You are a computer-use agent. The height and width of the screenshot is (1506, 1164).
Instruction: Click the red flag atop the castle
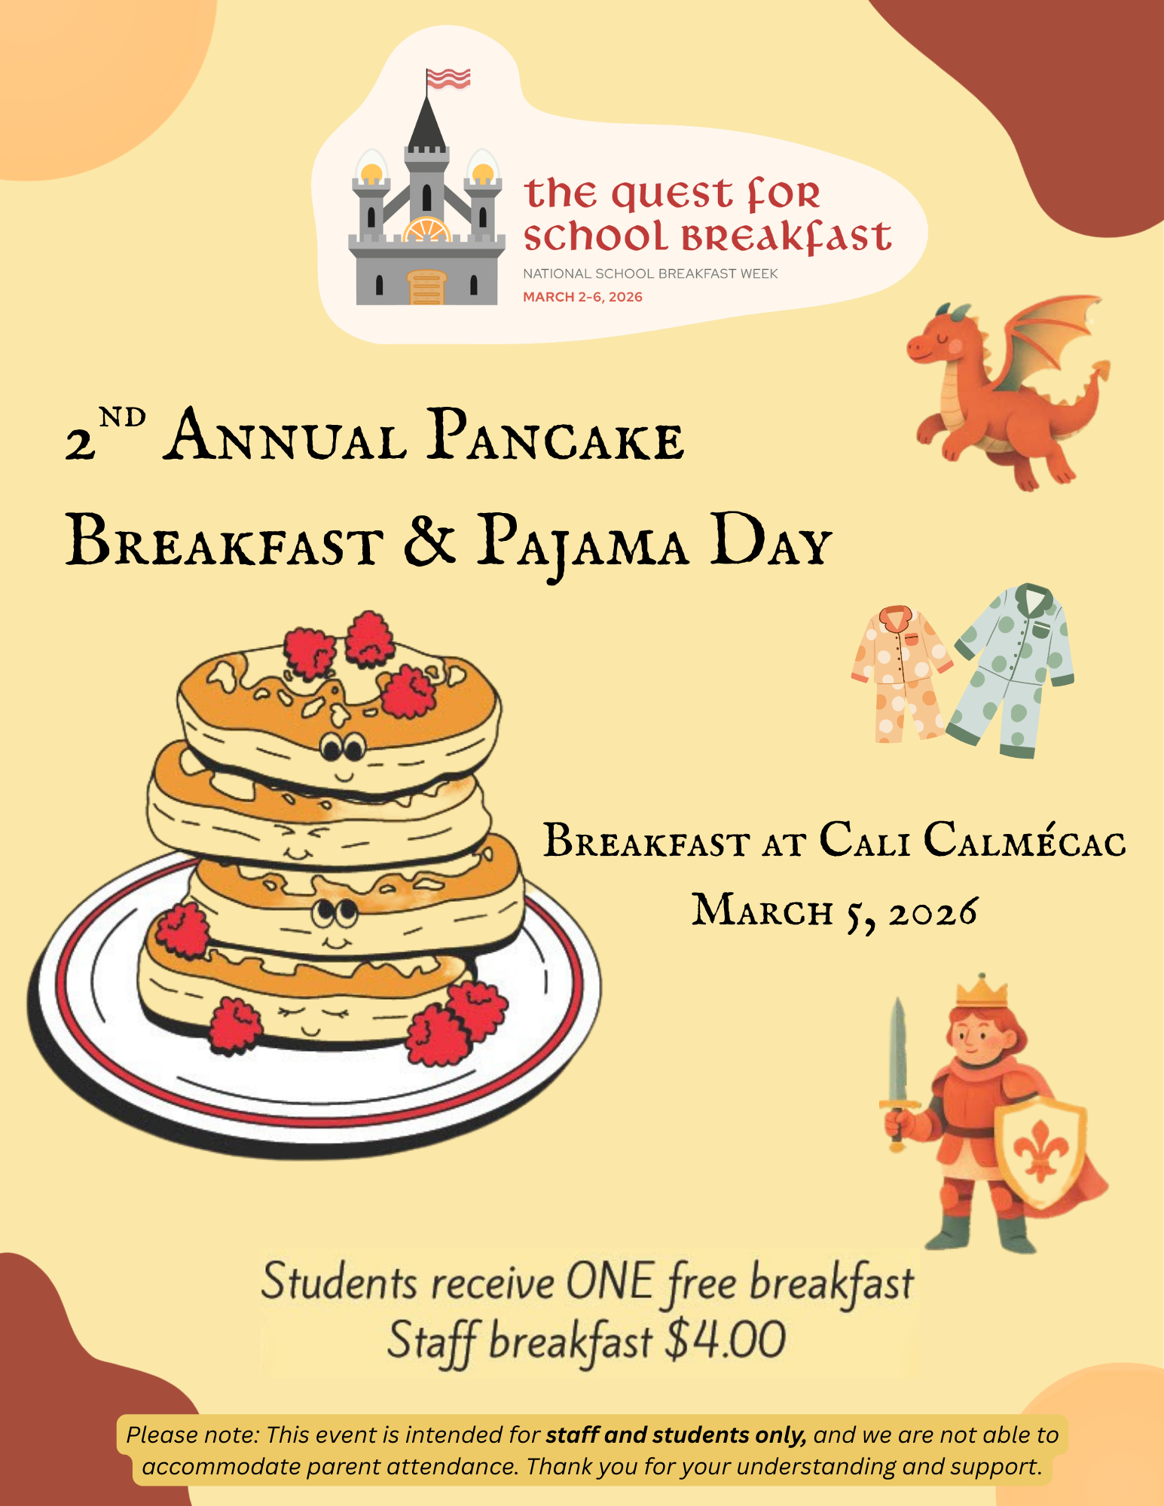[449, 78]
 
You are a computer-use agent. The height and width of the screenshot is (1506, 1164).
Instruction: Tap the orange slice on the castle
[427, 229]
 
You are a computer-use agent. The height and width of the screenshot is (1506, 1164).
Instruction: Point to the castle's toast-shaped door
[427, 287]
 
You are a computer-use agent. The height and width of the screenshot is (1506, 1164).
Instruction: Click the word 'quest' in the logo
[671, 195]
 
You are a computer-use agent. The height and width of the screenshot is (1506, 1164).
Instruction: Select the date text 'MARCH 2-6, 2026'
[582, 297]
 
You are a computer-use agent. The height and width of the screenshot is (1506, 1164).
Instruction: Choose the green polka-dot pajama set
[1012, 669]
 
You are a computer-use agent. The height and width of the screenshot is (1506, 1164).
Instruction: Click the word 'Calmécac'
[1025, 839]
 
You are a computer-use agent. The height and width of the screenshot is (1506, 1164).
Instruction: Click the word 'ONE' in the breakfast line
[609, 1281]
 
